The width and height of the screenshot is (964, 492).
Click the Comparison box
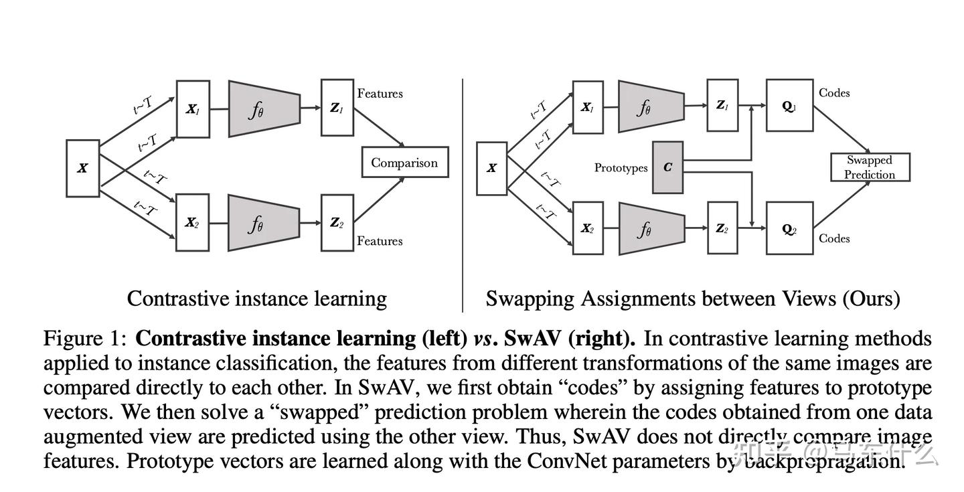point(404,163)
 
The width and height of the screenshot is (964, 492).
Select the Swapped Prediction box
point(870,167)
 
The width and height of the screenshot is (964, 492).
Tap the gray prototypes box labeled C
point(667,167)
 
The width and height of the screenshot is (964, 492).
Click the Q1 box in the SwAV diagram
point(789,106)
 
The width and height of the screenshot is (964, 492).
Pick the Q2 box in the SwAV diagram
point(789,229)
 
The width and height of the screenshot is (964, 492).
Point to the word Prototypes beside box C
point(621,168)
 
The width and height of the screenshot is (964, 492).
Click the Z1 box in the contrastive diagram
point(336,108)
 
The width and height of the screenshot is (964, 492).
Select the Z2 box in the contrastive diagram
point(336,223)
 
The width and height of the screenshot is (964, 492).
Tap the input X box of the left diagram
point(82,168)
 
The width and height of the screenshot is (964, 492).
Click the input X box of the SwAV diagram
point(491,168)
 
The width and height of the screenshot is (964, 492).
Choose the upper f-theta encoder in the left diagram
point(263,108)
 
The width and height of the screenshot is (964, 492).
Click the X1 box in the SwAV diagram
point(587,107)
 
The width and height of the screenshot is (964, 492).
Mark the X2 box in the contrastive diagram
point(192,223)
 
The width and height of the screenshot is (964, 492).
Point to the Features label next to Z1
point(380,94)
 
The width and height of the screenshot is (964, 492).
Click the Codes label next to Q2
point(833,238)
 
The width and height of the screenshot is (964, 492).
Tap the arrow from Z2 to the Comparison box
point(380,200)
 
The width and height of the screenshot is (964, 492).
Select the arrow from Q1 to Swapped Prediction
point(841,130)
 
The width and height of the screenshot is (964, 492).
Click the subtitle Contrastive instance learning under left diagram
point(256,299)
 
